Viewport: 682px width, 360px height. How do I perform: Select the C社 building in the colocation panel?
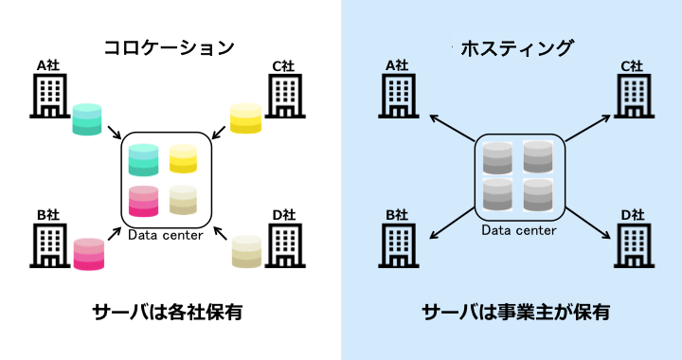(284, 96)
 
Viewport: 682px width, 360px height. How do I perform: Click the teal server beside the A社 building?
(86, 118)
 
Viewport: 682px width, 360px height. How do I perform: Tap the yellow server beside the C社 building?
(245, 117)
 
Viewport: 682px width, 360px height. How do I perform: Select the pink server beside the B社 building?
(88, 253)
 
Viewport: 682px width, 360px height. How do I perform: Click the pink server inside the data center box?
(143, 201)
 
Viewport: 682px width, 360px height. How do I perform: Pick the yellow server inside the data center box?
(183, 158)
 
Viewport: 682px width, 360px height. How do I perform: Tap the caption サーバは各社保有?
(168, 311)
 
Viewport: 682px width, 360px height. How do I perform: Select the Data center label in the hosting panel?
(518, 230)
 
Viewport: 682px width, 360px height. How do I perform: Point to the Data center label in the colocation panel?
(166, 234)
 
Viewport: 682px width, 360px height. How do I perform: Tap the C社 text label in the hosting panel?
(631, 66)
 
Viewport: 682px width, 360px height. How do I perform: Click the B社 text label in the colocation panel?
(48, 215)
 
